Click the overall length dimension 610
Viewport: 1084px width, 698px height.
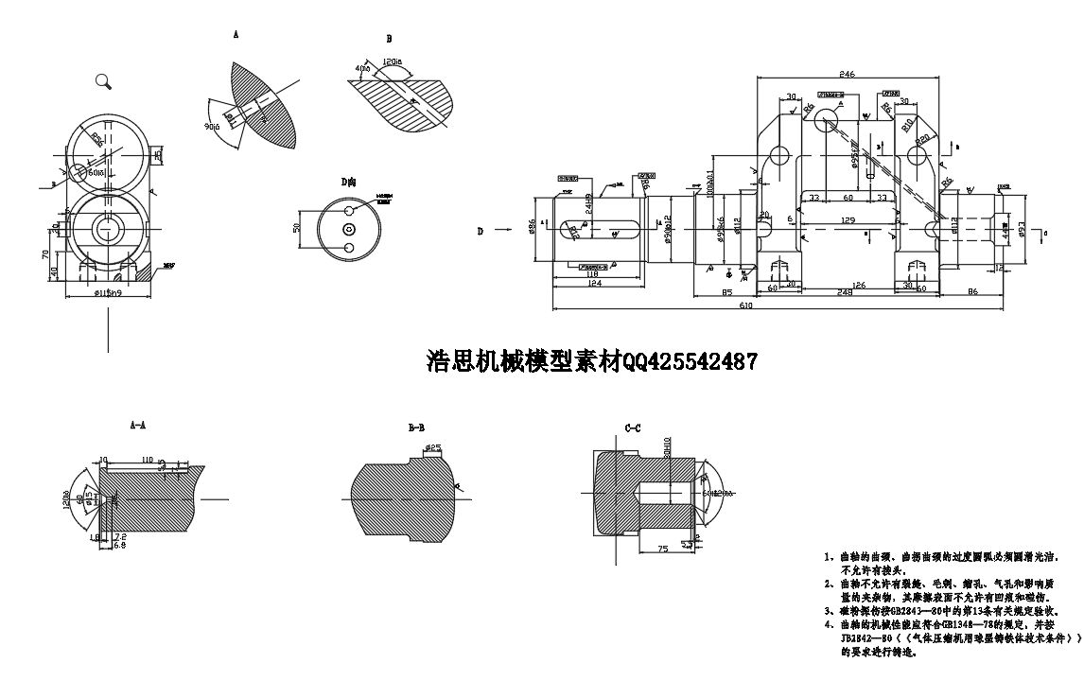(x=746, y=305)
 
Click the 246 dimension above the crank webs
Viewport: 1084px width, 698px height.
(x=847, y=73)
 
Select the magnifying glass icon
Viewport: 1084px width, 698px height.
(x=104, y=81)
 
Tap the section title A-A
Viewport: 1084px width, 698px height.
(x=138, y=426)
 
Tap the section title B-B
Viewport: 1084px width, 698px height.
(x=416, y=428)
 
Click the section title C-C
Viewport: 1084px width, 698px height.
(x=633, y=428)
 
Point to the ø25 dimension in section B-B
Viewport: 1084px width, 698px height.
(x=434, y=446)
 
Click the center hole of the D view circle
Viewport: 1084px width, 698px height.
(x=349, y=229)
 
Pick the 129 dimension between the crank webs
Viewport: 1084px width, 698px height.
(x=848, y=220)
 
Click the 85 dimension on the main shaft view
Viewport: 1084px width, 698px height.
(x=726, y=291)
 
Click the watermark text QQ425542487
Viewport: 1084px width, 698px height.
(x=690, y=360)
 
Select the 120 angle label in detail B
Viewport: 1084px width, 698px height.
(x=393, y=62)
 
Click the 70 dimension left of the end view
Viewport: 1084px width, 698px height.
(x=45, y=253)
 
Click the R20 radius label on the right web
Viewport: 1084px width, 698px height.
(x=921, y=137)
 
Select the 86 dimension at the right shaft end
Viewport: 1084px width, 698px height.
(x=971, y=291)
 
